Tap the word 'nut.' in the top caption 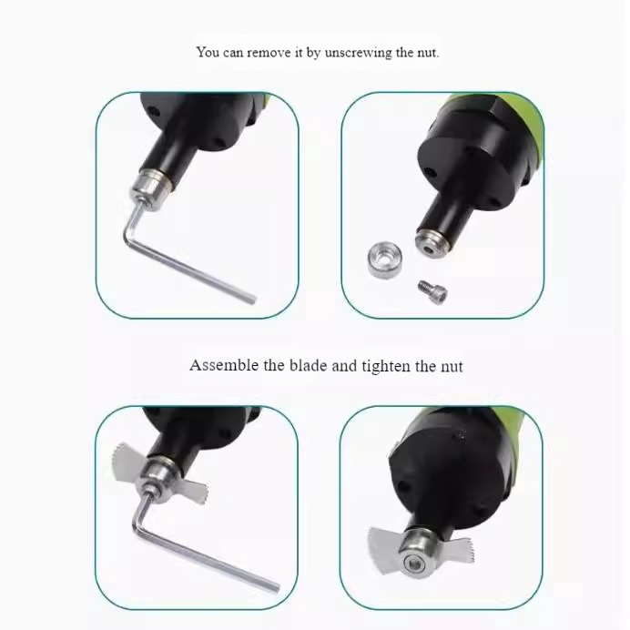click(x=428, y=53)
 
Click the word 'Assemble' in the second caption click(x=224, y=365)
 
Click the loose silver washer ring click(x=384, y=259)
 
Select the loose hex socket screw click(x=432, y=291)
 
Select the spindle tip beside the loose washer click(x=431, y=244)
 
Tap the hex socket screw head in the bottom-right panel click(x=414, y=564)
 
